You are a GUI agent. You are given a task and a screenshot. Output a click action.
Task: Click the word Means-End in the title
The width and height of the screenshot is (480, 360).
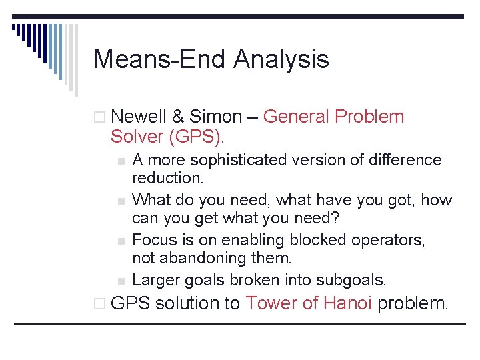tap(159, 59)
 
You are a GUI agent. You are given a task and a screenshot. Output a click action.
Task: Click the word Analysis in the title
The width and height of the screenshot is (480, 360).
tap(281, 60)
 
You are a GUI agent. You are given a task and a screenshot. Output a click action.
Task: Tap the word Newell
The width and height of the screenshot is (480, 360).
tap(139, 117)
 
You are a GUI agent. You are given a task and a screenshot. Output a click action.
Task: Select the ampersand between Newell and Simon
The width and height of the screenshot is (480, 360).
tap(178, 117)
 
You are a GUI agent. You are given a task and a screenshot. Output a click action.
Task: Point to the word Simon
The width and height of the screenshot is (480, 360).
tap(215, 117)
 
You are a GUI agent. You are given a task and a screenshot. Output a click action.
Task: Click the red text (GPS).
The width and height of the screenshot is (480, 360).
tap(196, 137)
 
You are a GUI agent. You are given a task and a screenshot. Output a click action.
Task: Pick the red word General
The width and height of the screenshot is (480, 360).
tap(296, 117)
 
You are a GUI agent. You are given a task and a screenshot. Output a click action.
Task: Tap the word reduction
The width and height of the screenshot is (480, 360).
tap(168, 178)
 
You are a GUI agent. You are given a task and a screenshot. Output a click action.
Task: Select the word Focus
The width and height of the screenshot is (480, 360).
tap(155, 240)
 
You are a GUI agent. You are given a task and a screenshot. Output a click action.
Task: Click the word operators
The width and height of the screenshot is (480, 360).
tap(388, 241)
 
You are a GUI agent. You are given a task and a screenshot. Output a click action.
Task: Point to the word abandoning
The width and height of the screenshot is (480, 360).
tap(203, 258)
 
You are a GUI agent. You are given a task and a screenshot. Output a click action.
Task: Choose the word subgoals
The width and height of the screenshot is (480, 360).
tap(351, 281)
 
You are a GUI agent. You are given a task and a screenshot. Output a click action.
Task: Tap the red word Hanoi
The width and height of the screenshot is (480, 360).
tap(348, 303)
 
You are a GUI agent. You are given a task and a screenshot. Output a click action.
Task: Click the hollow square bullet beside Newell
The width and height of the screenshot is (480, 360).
tap(99, 117)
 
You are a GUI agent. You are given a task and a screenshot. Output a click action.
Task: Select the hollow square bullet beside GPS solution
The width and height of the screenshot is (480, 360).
tap(99, 304)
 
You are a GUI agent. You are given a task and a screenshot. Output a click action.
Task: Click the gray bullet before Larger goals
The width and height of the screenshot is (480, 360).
tap(121, 281)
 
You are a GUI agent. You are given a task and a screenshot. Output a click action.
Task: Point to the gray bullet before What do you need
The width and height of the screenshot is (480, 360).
tap(121, 201)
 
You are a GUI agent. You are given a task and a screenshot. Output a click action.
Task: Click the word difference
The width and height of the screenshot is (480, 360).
tap(405, 160)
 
